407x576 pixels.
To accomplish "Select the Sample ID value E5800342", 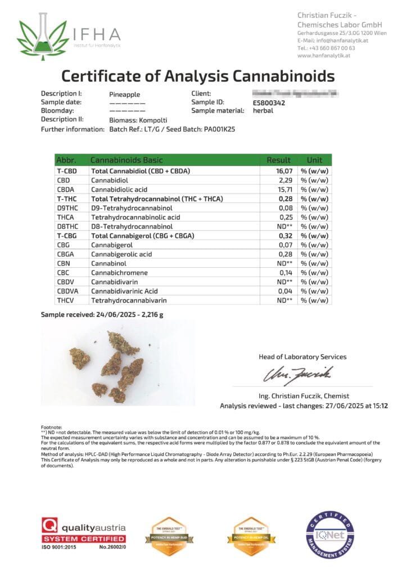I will [x=269, y=102].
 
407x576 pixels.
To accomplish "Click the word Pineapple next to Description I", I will [x=124, y=94].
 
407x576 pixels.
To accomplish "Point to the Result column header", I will [x=279, y=160].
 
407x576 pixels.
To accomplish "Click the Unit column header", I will [x=315, y=160].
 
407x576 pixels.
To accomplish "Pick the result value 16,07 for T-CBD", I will [x=283, y=171].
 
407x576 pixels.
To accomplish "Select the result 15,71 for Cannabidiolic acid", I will [x=283, y=190].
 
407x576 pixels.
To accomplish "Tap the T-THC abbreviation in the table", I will [x=67, y=199].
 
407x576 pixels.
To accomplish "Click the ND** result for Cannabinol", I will [x=283, y=263].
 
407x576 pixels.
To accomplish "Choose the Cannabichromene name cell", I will [x=119, y=272].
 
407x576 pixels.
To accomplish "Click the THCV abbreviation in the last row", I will [x=66, y=300].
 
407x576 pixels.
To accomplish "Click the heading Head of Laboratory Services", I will [x=302, y=357].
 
